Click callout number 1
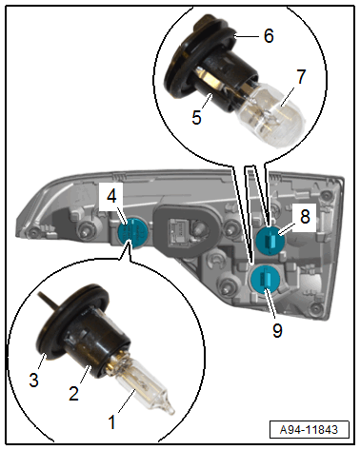[x=111, y=422]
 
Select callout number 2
[x=74, y=393]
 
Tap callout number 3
[x=33, y=380]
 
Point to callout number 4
[x=111, y=196]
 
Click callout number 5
[x=196, y=117]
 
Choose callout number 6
[x=269, y=36]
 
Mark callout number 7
[x=301, y=76]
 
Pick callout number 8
[x=305, y=217]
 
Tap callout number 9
[x=277, y=331]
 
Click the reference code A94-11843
[x=309, y=430]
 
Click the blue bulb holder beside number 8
[x=270, y=241]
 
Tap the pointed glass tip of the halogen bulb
[x=170, y=411]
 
